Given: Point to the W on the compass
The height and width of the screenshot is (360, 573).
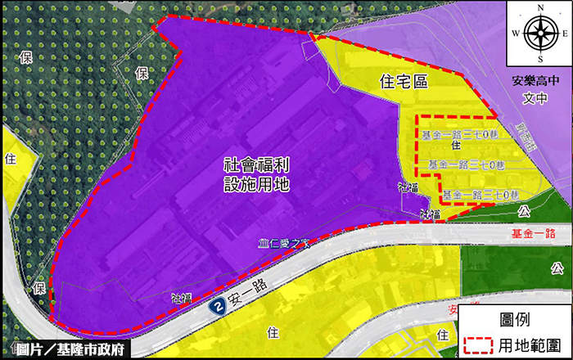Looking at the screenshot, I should pos(516,34).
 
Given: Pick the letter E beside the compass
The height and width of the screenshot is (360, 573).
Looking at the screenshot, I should pos(566,34).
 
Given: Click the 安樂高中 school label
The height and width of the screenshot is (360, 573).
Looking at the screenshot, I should pos(533,82).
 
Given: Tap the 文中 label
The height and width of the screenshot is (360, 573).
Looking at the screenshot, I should pos(533,100).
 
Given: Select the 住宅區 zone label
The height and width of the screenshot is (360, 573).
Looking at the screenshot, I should pos(405,81).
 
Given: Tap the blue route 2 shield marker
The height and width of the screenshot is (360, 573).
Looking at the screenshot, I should pos(216,307).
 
